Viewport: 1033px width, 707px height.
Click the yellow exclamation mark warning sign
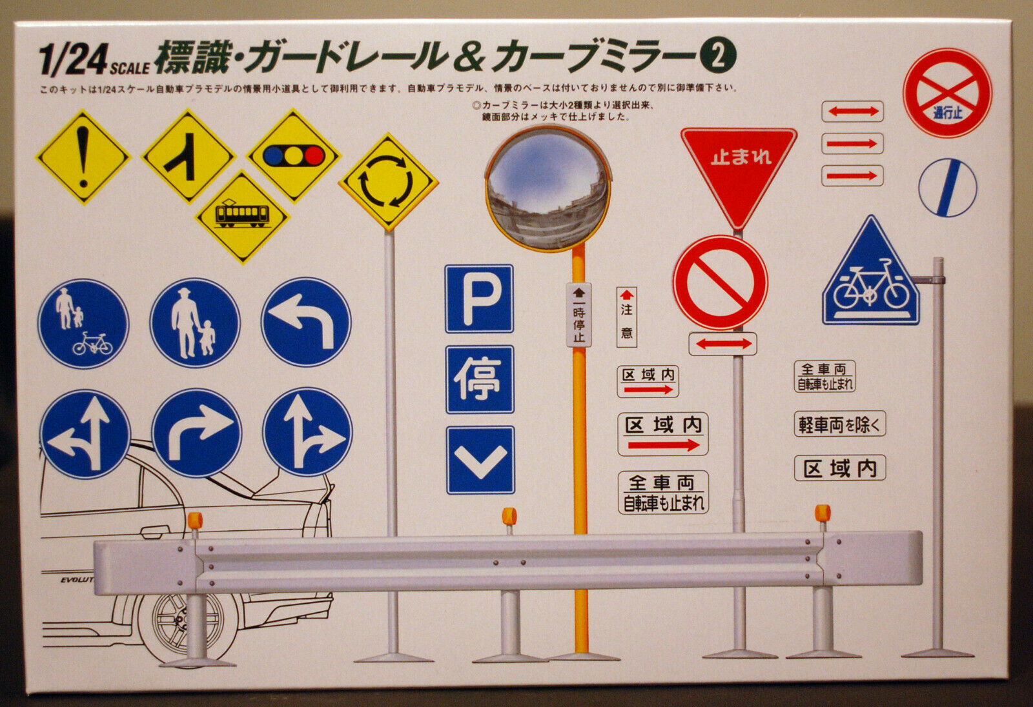point(83,157)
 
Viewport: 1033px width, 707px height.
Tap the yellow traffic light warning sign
point(294,155)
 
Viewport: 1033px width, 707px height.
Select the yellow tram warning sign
point(242,216)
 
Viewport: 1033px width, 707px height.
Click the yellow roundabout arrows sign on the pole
point(388,182)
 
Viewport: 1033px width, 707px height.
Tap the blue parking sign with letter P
point(479,298)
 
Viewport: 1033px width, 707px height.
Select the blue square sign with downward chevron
point(480,460)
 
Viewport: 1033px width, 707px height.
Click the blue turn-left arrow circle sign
point(306,321)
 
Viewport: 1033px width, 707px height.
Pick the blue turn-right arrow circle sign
point(196,432)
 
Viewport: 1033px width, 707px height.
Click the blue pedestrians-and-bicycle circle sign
point(83,323)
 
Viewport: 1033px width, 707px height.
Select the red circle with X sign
point(946,93)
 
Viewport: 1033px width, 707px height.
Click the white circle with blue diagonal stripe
point(947,188)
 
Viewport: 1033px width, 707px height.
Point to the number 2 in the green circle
point(717,57)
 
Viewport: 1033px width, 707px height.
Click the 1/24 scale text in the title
point(94,60)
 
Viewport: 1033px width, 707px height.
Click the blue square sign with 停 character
point(480,379)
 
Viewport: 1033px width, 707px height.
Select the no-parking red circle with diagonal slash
point(721,283)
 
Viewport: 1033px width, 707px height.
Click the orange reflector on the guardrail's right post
point(822,513)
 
